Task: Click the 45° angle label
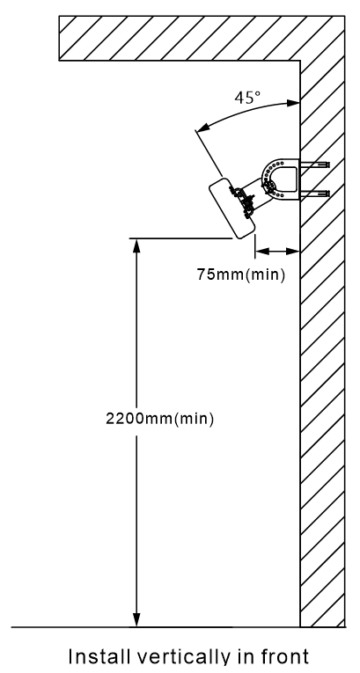click(247, 98)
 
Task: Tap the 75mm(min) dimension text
click(240, 274)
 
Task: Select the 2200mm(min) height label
click(159, 419)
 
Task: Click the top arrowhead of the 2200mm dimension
click(136, 246)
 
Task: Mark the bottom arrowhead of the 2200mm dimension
click(136, 620)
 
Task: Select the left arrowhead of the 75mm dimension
click(262, 251)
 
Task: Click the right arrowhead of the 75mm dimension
click(292, 251)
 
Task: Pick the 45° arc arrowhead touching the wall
click(293, 103)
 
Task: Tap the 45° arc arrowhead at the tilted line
click(203, 127)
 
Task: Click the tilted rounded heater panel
click(232, 208)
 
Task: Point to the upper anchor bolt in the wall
click(315, 165)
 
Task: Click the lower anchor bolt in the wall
click(315, 194)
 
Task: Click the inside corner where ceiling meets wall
click(300, 61)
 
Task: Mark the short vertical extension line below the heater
click(255, 246)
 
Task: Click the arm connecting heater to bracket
click(253, 193)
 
